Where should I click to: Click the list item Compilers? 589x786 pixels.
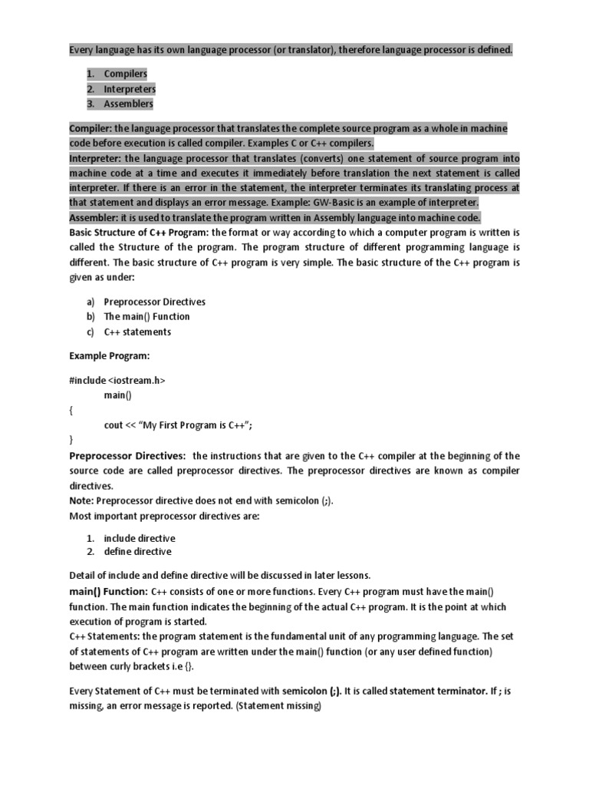coord(125,74)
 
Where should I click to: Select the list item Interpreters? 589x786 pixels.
coord(130,89)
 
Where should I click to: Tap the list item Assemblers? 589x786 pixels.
coord(128,104)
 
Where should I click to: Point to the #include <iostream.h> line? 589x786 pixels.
coord(117,380)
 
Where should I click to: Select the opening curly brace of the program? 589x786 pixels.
coord(71,410)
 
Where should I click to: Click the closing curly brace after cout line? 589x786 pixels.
coord(71,440)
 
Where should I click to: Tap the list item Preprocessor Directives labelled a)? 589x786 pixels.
coord(154,302)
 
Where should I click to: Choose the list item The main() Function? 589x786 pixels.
coord(146,316)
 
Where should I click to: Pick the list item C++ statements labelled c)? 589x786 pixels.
coord(137,332)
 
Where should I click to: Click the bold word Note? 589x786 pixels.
coord(82,500)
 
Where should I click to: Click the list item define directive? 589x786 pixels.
coord(137,551)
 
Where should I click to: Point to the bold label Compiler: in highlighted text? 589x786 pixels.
coord(90,128)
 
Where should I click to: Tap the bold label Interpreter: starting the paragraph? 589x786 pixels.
coord(95,158)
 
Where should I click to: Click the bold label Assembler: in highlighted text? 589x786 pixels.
coord(94,217)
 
